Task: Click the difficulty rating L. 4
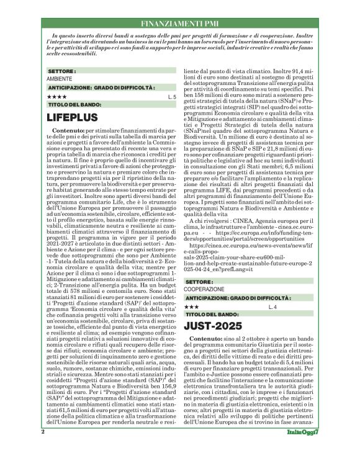tap(272, 307)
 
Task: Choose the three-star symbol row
tap(192, 307)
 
